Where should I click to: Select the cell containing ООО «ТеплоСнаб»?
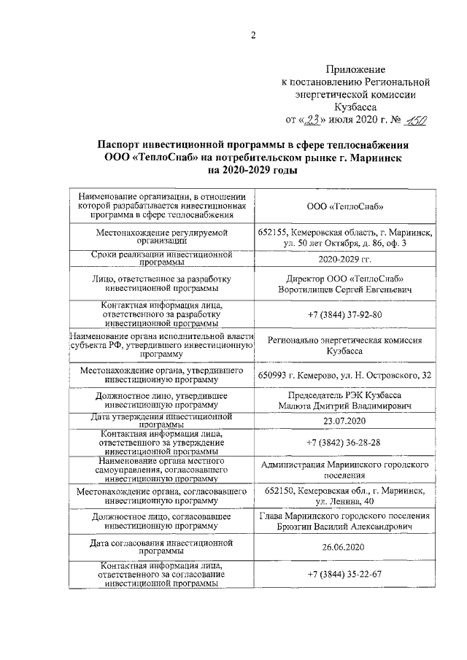(x=345, y=206)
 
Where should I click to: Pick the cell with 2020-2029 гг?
(x=345, y=259)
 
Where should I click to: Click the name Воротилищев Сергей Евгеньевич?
(x=345, y=290)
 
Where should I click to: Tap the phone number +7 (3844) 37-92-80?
(x=345, y=314)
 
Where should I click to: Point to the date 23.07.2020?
(x=345, y=422)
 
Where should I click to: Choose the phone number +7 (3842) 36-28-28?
(x=345, y=442)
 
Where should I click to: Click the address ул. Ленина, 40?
(x=345, y=502)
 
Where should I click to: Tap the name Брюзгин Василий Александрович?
(x=345, y=527)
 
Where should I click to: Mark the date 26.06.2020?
(x=345, y=548)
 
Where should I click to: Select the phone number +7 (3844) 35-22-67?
(x=345, y=574)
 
